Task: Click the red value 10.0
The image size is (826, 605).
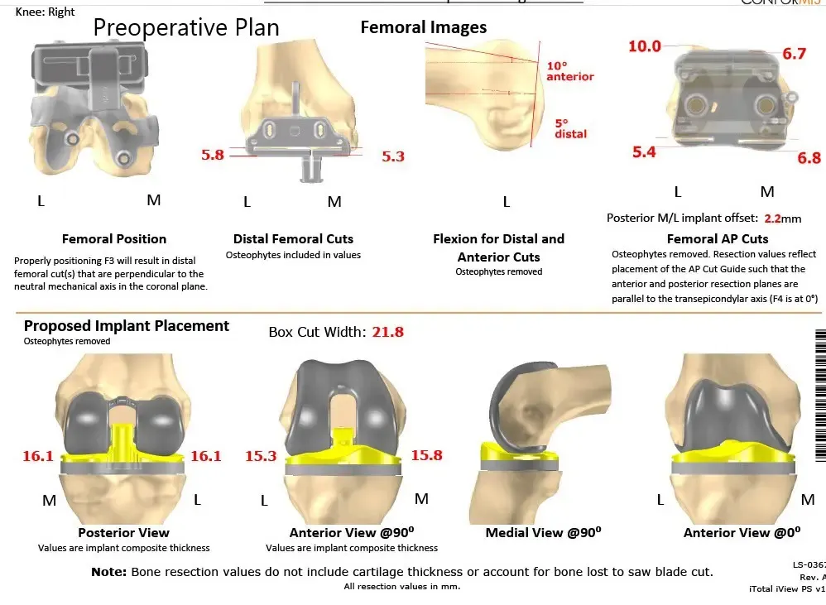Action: click(x=645, y=46)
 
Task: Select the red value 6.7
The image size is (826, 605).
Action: click(x=794, y=54)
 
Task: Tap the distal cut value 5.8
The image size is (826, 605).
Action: click(x=213, y=155)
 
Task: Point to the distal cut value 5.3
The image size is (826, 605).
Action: click(x=393, y=156)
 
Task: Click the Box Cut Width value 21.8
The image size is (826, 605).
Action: click(x=387, y=332)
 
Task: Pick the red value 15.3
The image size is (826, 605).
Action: click(x=261, y=456)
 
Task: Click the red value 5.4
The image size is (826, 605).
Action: click(x=644, y=151)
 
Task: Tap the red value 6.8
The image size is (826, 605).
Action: click(x=809, y=158)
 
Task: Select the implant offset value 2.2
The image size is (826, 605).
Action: click(x=772, y=219)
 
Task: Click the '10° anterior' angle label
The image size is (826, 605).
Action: click(x=569, y=71)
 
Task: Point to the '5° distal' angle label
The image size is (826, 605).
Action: click(x=570, y=128)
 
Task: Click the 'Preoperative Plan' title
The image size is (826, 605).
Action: click(x=186, y=27)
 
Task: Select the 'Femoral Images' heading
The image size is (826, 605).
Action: click(x=424, y=28)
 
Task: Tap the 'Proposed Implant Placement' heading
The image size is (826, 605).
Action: click(x=127, y=326)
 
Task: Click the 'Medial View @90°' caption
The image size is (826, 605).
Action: click(x=543, y=533)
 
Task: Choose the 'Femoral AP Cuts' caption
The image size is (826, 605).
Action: click(x=718, y=239)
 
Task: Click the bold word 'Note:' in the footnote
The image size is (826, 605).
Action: click(x=108, y=572)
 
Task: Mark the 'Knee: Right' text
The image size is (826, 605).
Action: click(x=46, y=12)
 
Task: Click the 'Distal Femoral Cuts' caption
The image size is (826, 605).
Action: click(x=293, y=239)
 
